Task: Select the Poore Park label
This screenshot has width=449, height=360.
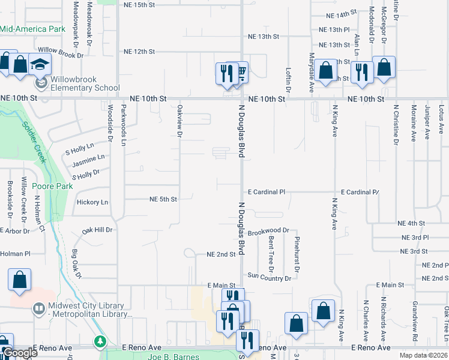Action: coord(53,187)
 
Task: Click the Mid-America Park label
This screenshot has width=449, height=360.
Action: coord(32,28)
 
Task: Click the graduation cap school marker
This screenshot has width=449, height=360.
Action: coord(40,65)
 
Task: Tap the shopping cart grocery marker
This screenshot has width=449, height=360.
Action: coord(239,73)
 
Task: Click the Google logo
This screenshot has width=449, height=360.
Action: coord(20,353)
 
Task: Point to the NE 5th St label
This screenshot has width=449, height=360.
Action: coord(163,199)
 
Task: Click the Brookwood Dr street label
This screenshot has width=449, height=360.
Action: coord(268,230)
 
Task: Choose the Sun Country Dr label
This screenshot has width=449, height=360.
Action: coord(269,278)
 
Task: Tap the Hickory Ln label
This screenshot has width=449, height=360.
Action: coord(92,202)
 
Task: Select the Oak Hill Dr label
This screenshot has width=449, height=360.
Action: coord(97,230)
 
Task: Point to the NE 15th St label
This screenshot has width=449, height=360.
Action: coord(138,5)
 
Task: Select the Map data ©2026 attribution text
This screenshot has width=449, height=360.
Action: coord(423,355)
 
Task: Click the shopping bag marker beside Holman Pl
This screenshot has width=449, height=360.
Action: coord(20,280)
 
